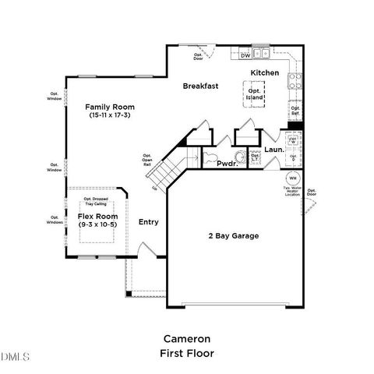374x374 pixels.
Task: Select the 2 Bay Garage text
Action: (232, 235)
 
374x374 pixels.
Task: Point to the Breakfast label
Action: (199, 86)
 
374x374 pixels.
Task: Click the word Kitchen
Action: (264, 72)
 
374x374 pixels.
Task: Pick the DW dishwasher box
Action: (245, 55)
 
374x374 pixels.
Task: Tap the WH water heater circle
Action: (290, 178)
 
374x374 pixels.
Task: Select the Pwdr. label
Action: (227, 164)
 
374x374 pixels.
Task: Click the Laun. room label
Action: (273, 149)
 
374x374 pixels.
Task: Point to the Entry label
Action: (148, 222)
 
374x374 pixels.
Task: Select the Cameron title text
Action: (186, 339)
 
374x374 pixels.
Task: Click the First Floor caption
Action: (186, 353)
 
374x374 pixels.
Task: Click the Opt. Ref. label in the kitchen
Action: (295, 111)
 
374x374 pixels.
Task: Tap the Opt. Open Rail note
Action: (146, 159)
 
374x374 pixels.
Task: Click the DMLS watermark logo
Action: (16, 357)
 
